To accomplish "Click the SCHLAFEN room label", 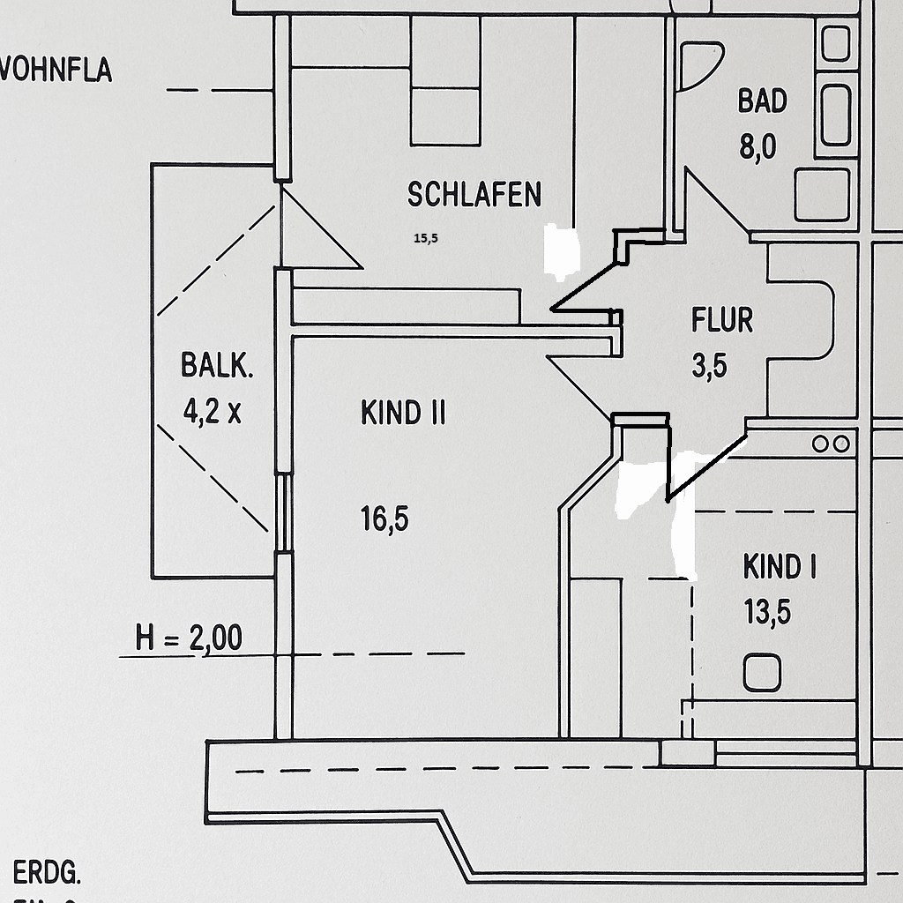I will (474, 194).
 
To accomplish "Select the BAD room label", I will (762, 101).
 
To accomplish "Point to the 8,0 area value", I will (757, 146).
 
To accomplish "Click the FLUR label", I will (722, 320).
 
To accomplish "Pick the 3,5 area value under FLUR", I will (709, 365).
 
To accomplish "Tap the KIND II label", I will (403, 413).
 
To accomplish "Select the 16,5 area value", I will (384, 519).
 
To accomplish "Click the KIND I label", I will (779, 567).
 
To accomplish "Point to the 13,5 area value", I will (767, 612).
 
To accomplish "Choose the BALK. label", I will (217, 365).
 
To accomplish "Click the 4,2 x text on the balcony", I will (212, 411).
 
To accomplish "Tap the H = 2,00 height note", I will (189, 638).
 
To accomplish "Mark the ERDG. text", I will (48, 874).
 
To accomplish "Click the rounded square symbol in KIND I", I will (762, 674).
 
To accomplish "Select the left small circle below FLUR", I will (820, 444).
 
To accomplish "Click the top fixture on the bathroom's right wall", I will (836, 42).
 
